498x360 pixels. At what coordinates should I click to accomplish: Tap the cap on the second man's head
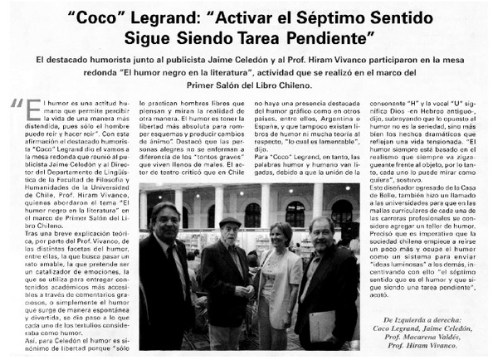(229, 221)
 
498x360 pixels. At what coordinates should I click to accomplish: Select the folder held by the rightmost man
(320, 324)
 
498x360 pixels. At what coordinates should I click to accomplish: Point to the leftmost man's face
(164, 221)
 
